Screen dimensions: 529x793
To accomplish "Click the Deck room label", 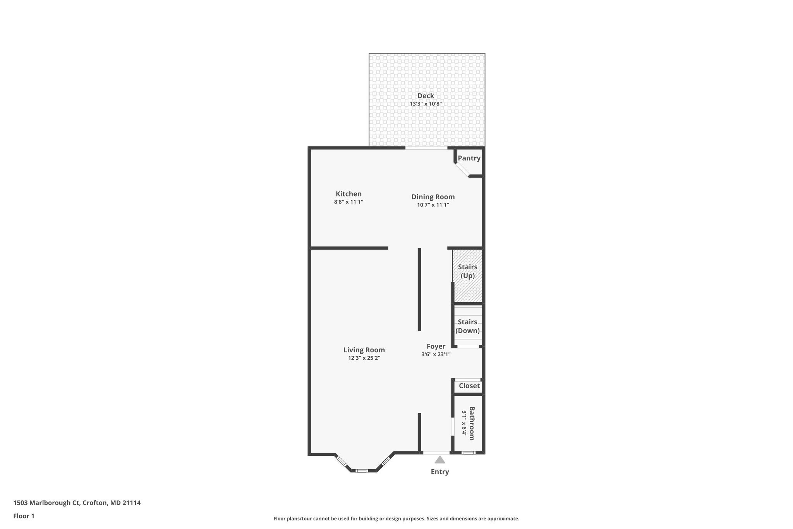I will tap(426, 96).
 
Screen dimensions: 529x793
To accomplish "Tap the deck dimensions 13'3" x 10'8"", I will tap(426, 104).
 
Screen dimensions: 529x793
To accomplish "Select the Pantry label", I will tap(469, 158).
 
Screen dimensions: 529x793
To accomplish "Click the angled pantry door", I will tap(462, 170).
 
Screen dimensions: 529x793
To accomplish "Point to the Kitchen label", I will tap(348, 194).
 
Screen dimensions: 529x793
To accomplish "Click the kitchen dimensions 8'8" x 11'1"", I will tap(348, 202).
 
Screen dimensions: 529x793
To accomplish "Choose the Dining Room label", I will tap(433, 197).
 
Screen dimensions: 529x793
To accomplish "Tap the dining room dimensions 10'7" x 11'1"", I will tap(433, 205).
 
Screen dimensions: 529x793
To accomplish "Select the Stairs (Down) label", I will tap(467, 326).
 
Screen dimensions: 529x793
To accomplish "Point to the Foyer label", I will tap(436, 346).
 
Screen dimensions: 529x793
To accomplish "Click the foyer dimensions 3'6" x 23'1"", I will tap(436, 354).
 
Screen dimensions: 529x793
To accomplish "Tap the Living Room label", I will tap(364, 350).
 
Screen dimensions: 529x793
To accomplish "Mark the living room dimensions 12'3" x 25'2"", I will tap(364, 358).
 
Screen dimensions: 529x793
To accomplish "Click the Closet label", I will tap(469, 386).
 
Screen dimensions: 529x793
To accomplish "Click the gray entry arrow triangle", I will tap(439, 460).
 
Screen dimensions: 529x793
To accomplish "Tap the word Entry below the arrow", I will tap(440, 472).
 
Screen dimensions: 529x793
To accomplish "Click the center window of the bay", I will tap(362, 470).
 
